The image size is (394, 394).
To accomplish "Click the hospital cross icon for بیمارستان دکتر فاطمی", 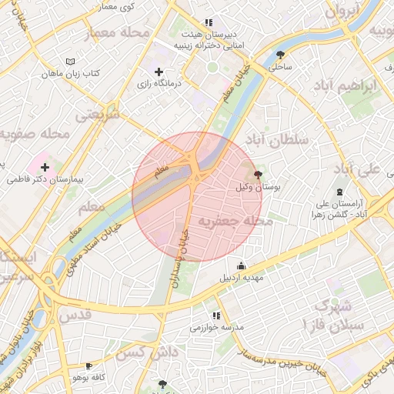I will click(45, 166).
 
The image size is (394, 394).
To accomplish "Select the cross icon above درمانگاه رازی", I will click(159, 72).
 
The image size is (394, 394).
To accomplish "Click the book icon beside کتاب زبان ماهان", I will click(71, 61).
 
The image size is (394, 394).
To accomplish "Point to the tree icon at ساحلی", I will click(279, 55).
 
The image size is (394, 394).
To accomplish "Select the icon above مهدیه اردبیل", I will click(242, 265).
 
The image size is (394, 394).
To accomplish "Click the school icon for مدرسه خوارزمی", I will click(216, 316).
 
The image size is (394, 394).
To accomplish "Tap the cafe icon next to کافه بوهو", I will click(89, 366).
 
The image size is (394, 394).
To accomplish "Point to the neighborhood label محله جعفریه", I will click(236, 222).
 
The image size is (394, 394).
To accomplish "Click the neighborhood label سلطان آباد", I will click(276, 139).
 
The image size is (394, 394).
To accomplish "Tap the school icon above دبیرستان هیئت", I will click(209, 23).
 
